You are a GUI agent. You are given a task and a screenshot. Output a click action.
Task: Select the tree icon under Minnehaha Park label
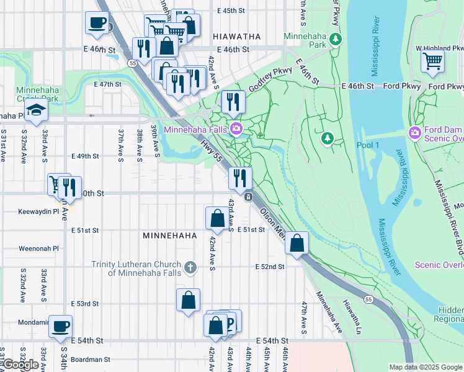point(336,40)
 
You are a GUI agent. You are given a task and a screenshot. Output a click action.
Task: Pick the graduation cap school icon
point(37,110)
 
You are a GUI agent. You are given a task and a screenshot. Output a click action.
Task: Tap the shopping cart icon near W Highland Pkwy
point(432,61)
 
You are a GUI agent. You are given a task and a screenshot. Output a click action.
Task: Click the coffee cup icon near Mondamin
point(60,326)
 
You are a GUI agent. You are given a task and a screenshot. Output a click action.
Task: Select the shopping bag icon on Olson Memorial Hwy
point(297,242)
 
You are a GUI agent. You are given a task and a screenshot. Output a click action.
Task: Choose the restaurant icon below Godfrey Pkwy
point(233,100)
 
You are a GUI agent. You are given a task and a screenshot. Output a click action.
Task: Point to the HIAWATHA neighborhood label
point(236,37)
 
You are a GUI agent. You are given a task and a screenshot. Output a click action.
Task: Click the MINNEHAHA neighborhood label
point(169,236)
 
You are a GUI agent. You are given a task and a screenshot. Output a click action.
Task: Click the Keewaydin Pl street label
point(34,211)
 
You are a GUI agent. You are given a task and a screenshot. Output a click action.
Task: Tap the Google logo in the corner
point(20,365)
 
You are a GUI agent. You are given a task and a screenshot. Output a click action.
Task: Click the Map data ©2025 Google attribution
point(425,367)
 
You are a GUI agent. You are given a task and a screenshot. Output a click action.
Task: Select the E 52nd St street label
point(270,267)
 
